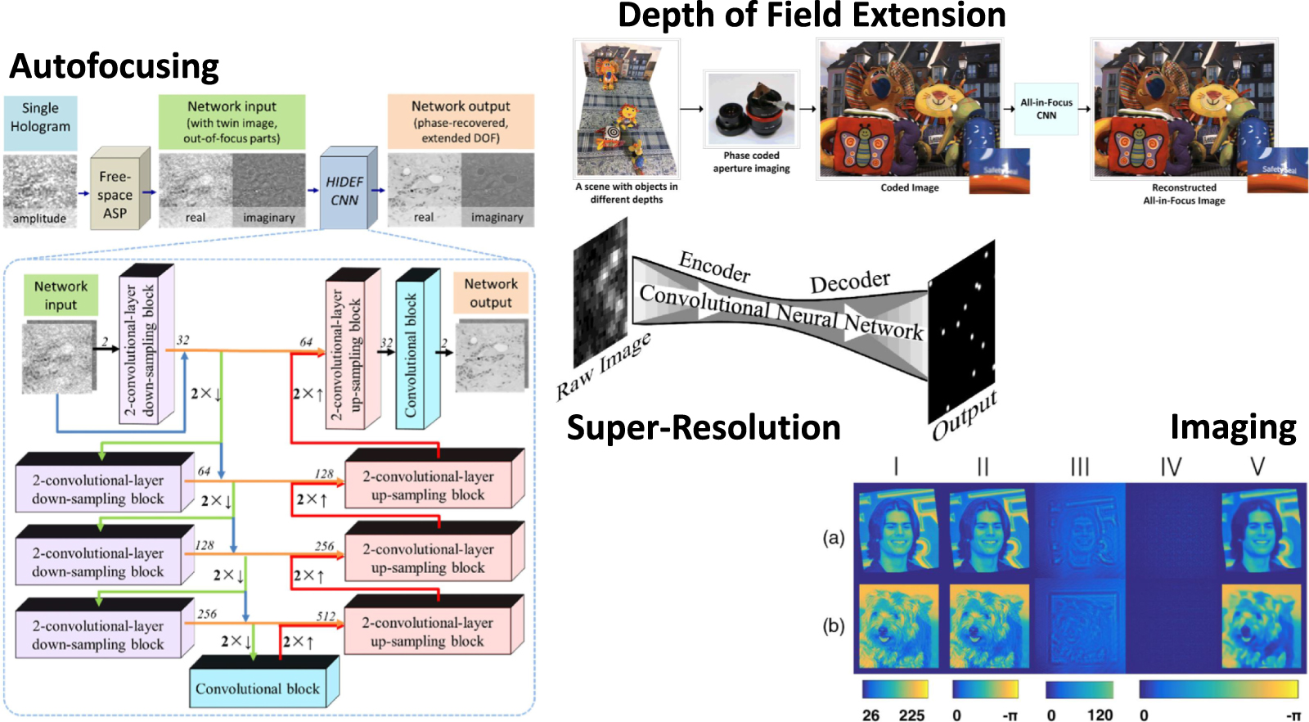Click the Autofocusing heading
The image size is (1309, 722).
114,66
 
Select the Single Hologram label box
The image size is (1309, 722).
40,118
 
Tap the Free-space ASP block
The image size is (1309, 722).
115,195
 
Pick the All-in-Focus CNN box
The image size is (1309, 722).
1046,109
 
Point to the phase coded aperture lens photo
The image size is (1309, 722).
751,111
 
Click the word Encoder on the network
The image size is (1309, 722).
714,267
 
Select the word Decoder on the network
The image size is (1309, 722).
849,282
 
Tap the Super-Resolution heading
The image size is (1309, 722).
703,428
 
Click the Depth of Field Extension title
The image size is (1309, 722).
811,16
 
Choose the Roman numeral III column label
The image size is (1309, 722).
1079,467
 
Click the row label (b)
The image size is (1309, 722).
833,626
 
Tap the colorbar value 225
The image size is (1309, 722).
911,715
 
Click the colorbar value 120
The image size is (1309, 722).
1099,715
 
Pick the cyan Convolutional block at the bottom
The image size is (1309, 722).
258,688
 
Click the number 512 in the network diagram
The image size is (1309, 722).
326,616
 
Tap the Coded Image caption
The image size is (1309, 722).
909,187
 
